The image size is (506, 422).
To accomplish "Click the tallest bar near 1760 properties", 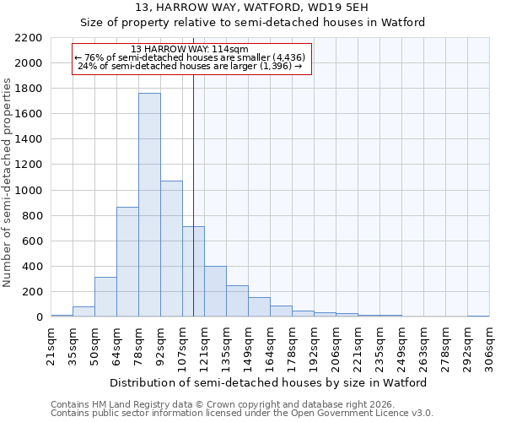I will (149, 205).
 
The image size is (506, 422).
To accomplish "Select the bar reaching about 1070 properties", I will (171, 249).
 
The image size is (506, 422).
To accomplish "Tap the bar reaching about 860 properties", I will (127, 262).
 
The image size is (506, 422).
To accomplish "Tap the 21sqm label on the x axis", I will (51, 345).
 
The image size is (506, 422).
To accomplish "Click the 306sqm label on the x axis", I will (489, 345).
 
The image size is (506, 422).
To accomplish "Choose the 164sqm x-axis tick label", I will (270, 345).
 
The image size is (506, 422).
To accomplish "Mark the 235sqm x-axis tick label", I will (379, 345).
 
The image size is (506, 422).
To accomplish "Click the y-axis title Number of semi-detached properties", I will (8, 182).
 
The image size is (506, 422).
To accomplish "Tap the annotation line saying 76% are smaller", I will (192, 57).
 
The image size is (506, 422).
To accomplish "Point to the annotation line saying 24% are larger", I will (192, 66).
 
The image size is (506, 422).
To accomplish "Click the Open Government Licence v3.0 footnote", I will (241, 413).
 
